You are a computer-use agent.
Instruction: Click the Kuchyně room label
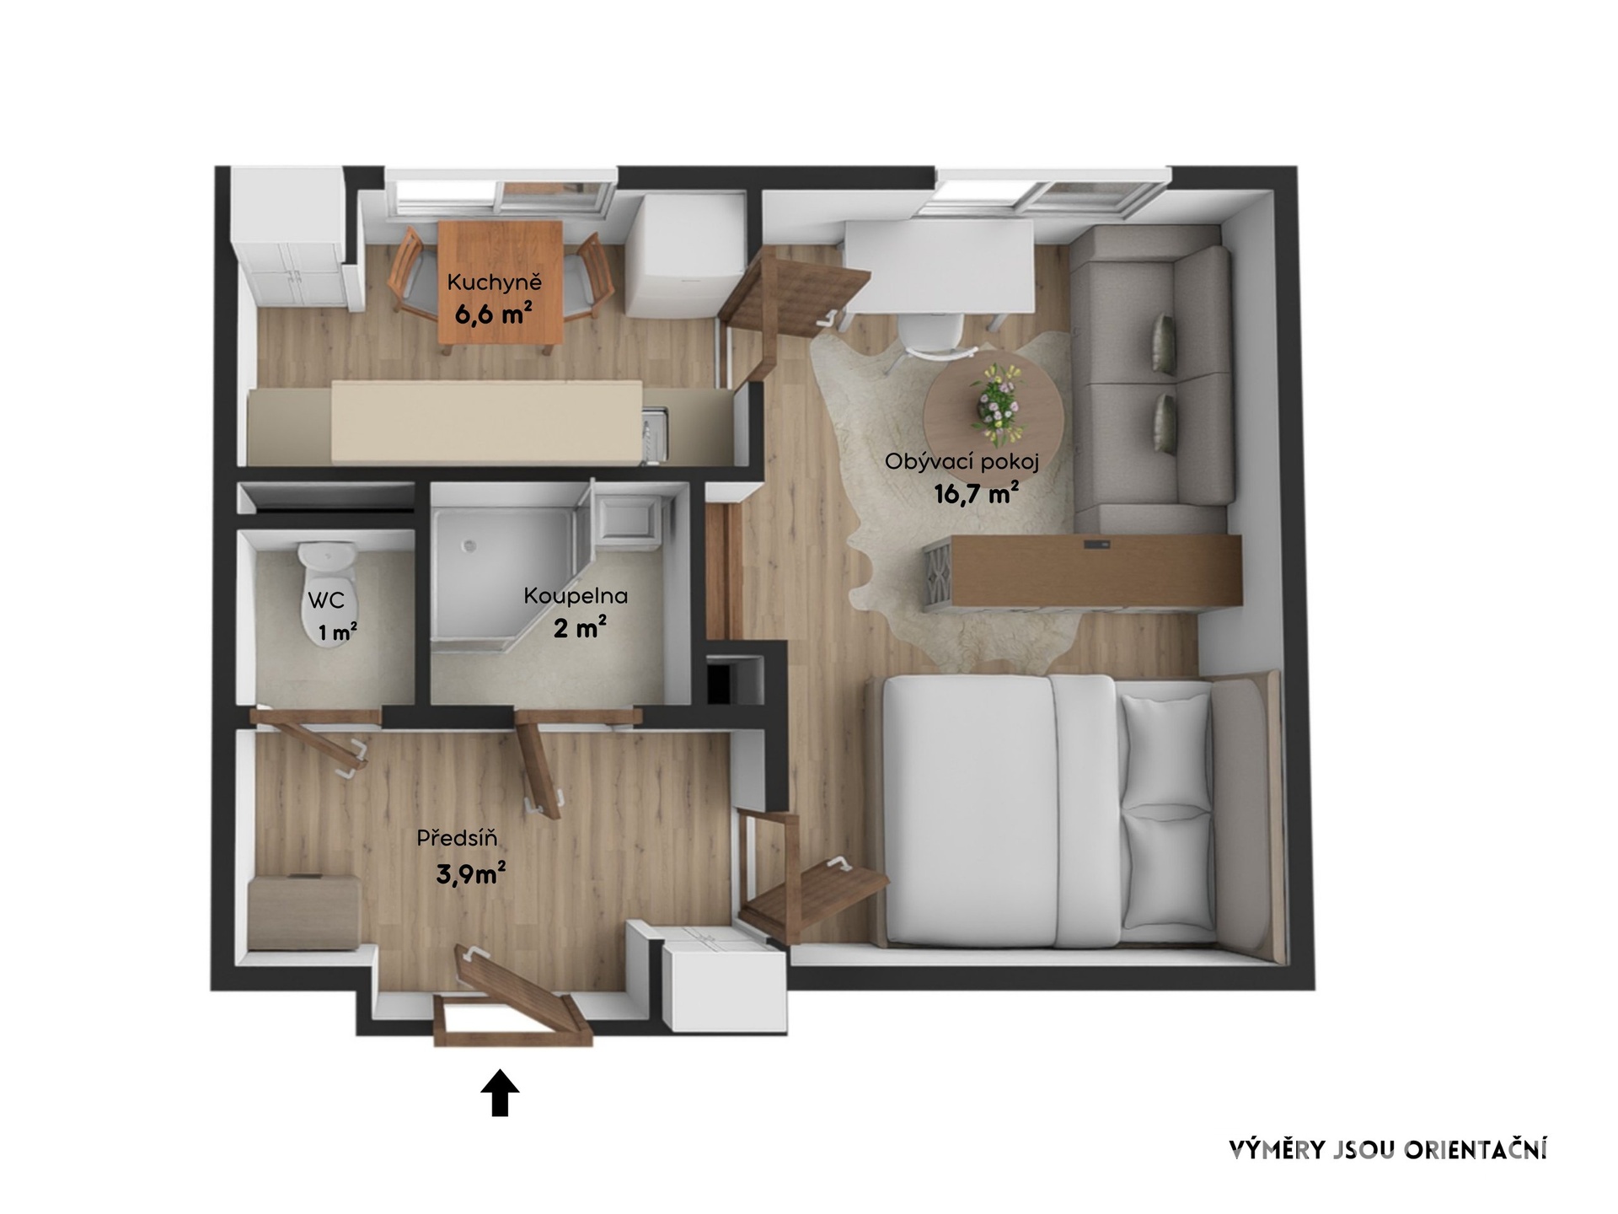pos(494,283)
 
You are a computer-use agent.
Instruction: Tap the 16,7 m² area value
pos(977,492)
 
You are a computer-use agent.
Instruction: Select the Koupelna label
pos(576,596)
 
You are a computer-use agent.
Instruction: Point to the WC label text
pos(326,600)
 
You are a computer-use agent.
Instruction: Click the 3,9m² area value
pos(470,874)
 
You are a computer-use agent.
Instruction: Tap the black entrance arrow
pos(500,1093)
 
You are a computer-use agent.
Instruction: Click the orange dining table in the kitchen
pos(501,282)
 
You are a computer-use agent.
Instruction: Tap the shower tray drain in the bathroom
pos(471,545)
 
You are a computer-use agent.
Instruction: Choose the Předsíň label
pos(457,838)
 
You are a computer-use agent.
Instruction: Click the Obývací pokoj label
pos(962,462)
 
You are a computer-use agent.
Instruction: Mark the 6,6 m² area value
pos(494,314)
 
